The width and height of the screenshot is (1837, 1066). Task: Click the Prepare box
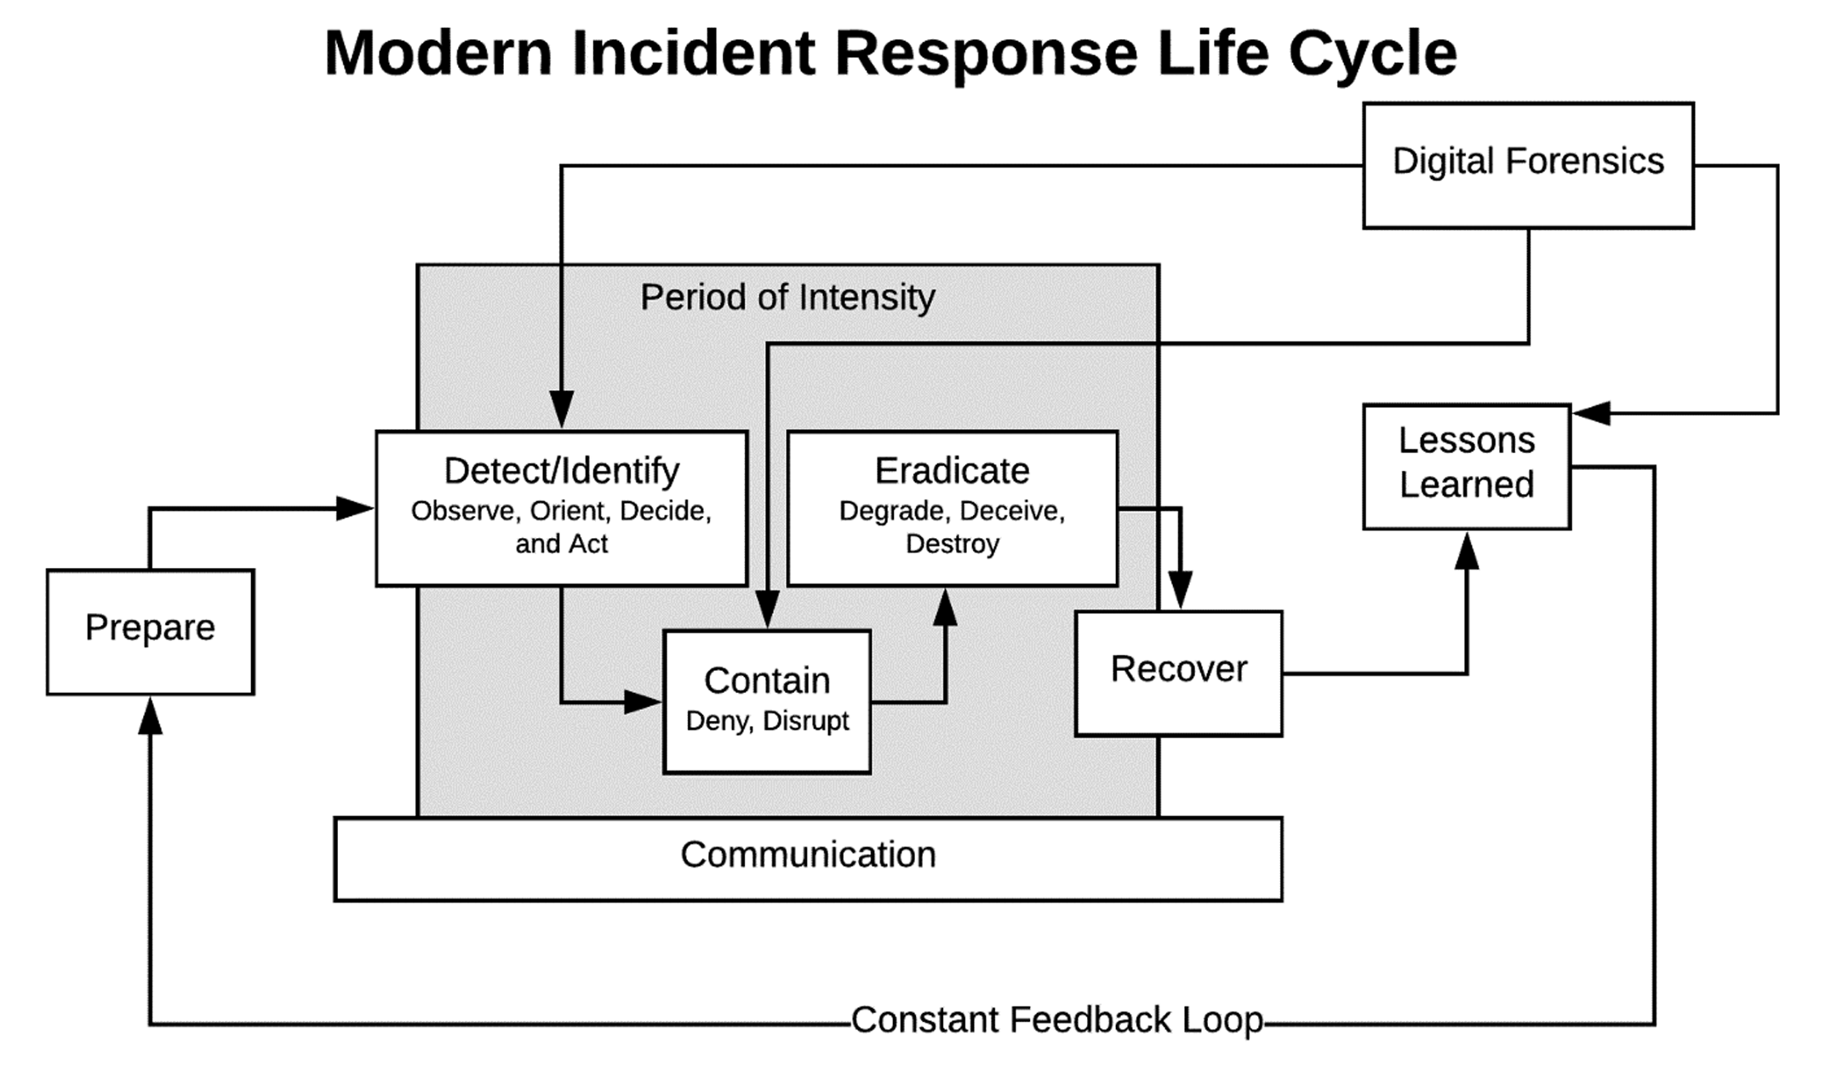pyautogui.click(x=150, y=632)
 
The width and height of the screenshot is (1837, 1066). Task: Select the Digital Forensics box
pyautogui.click(x=1527, y=165)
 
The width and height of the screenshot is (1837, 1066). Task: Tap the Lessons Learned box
pyautogui.click(x=1466, y=466)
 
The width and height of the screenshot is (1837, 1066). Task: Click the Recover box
pyautogui.click(x=1178, y=672)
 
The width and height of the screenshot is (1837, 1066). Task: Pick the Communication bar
pyautogui.click(x=807, y=857)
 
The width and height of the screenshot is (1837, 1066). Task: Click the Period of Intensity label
pyautogui.click(x=787, y=297)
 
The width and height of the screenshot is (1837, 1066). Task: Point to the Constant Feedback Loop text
pyautogui.click(x=1056, y=1019)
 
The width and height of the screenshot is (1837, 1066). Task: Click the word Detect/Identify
pyautogui.click(x=561, y=470)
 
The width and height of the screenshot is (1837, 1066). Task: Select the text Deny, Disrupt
pyautogui.click(x=767, y=720)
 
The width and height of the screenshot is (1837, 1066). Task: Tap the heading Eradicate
pyautogui.click(x=952, y=470)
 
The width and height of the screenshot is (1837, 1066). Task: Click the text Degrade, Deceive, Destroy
pyautogui.click(x=952, y=527)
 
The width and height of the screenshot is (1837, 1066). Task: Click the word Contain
pyautogui.click(x=767, y=680)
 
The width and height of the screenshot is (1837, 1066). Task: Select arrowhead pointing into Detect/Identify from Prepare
pyautogui.click(x=355, y=508)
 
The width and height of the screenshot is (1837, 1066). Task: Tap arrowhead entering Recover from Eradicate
pyautogui.click(x=1180, y=591)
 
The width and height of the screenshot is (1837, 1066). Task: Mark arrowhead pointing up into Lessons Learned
pyautogui.click(x=1466, y=552)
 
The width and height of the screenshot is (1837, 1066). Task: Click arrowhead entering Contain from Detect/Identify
pyautogui.click(x=643, y=702)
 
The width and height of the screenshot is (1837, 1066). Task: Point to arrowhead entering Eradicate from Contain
pyautogui.click(x=945, y=607)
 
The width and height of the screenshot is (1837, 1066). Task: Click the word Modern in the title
pyautogui.click(x=438, y=53)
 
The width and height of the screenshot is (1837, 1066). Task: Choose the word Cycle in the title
pyautogui.click(x=1372, y=53)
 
